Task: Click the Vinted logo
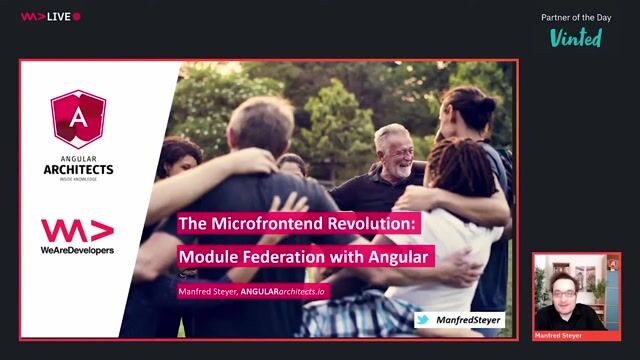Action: tap(576, 37)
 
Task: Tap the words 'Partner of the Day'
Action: tap(576, 17)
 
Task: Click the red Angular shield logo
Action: tap(78, 119)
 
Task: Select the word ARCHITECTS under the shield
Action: tap(78, 169)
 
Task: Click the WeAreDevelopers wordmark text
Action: tap(77, 249)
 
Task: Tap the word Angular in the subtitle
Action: tap(400, 257)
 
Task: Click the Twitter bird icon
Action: tap(423, 320)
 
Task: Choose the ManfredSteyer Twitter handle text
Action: tap(469, 320)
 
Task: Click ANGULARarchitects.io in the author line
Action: tap(298, 291)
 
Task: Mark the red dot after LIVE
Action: tap(77, 17)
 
